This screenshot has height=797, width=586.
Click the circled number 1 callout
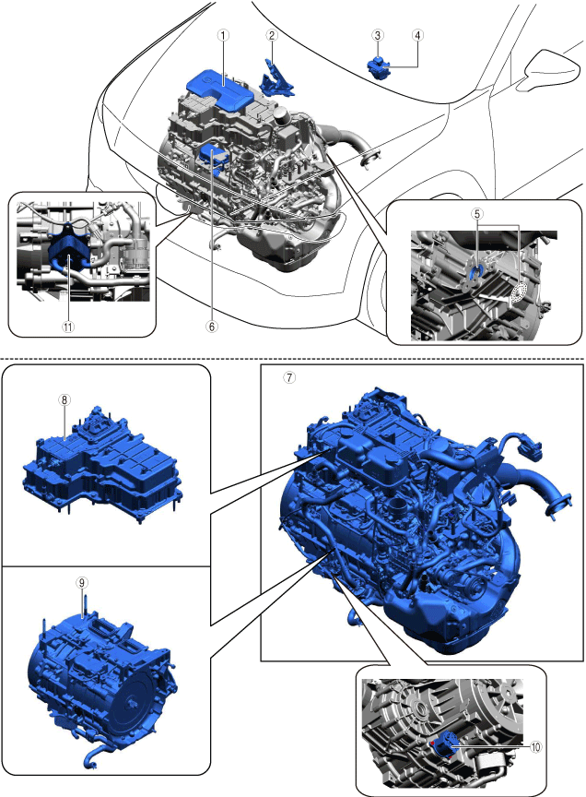coord(223,35)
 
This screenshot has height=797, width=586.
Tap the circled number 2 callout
coord(272,35)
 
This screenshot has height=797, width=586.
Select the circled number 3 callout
coord(377,35)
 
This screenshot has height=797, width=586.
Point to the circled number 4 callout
coord(417,35)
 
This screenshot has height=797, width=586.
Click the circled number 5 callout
coord(477,213)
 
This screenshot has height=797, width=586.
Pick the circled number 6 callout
coord(211,327)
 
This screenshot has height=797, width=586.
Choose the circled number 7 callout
coord(289,377)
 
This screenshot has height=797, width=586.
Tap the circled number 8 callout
coord(64,399)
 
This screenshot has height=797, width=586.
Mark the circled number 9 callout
coord(82,583)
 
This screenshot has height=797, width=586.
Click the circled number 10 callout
coord(535,746)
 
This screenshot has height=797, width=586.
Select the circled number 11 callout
coord(68,327)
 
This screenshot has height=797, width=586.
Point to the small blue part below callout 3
coord(379,66)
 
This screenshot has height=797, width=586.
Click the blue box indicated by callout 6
coord(215,158)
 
